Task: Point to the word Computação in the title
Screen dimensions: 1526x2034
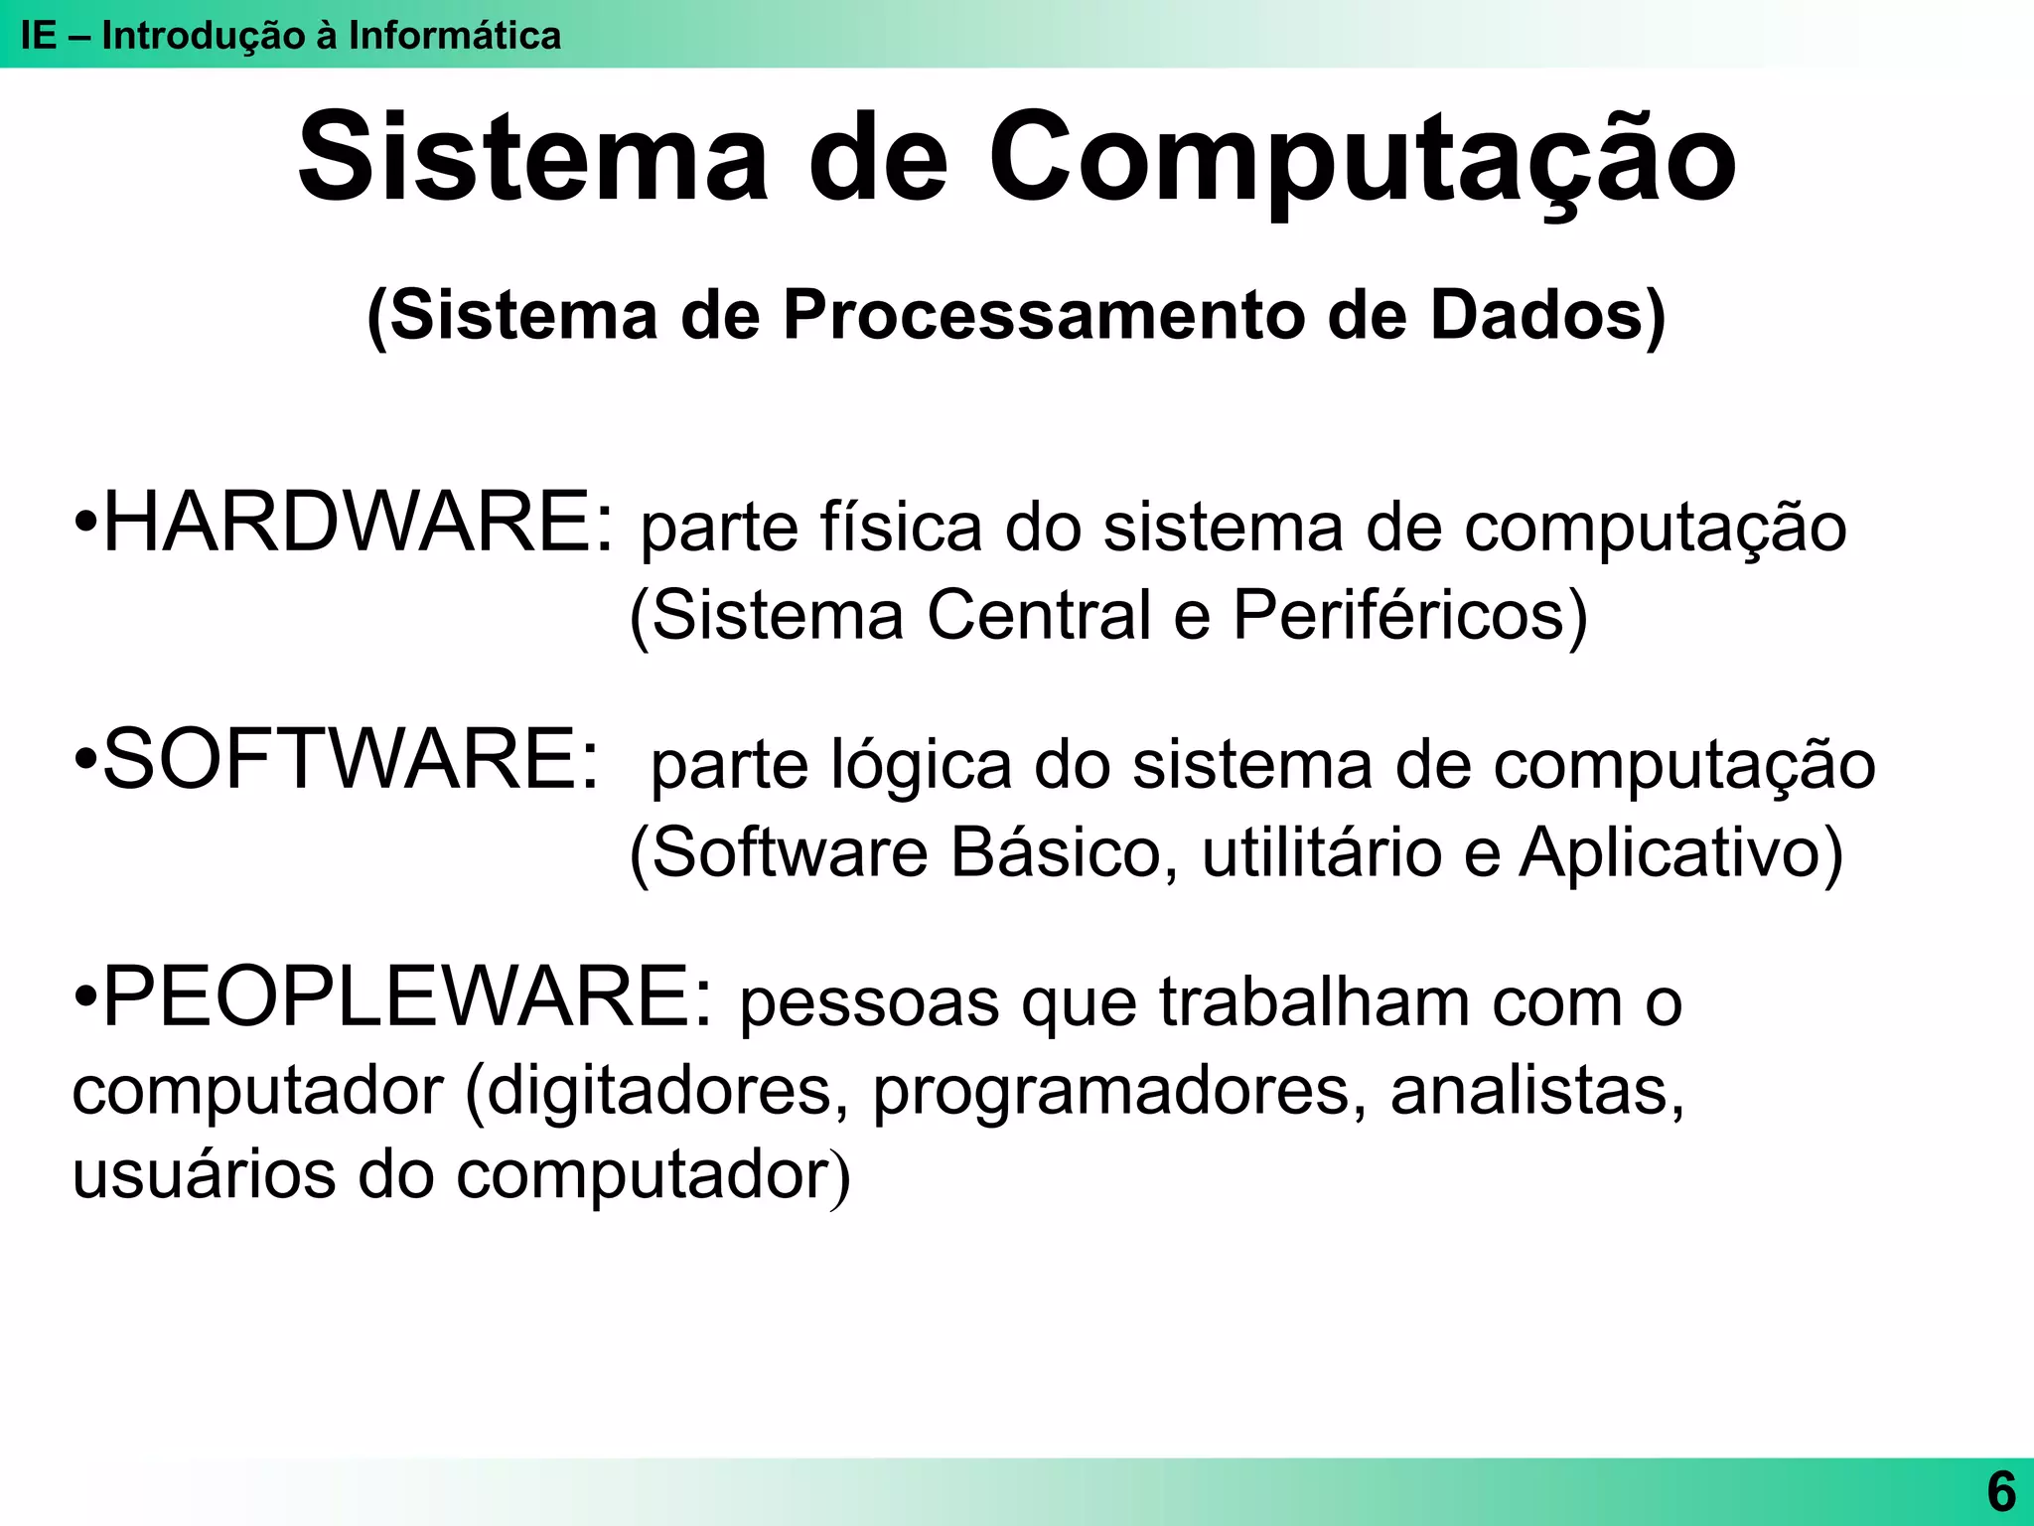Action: pos(1362,159)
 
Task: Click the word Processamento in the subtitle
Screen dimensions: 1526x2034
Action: pos(1044,316)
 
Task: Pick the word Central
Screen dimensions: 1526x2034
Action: pos(1038,615)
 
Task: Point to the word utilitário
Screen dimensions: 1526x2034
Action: pos(1321,852)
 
